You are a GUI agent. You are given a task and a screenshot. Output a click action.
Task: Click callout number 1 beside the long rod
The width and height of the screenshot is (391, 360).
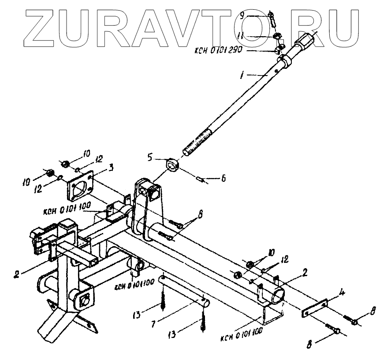(242, 76)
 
